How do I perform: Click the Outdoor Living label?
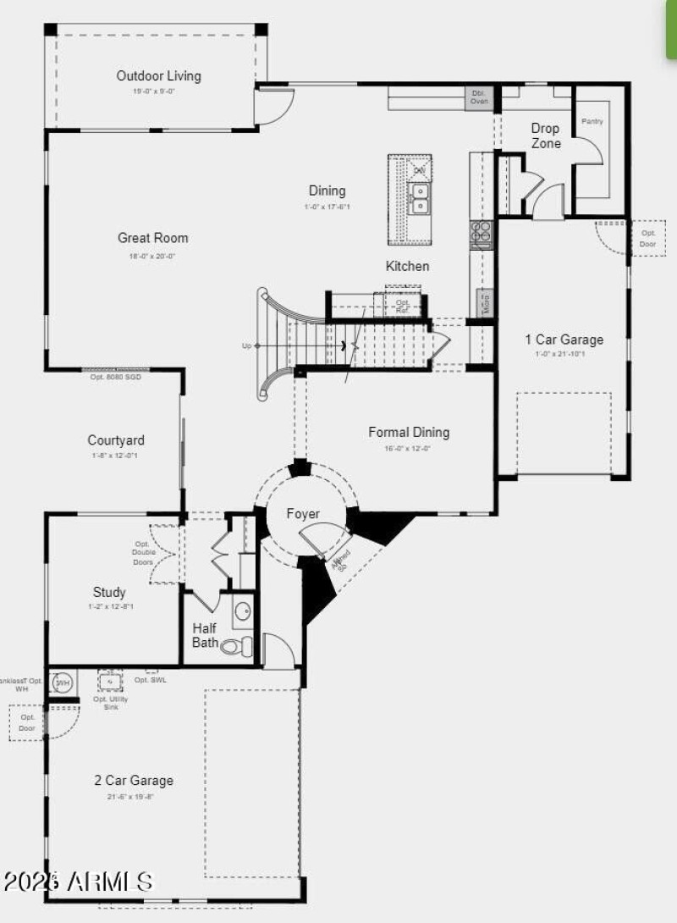tap(158, 76)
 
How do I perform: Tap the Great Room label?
tap(153, 238)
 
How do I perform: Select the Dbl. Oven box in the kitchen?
tap(478, 97)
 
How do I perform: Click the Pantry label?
tap(592, 121)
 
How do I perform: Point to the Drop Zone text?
tap(545, 135)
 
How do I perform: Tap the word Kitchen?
tap(407, 266)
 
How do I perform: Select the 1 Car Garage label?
tap(564, 340)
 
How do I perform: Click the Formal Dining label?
tap(409, 432)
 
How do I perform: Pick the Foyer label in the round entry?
tap(303, 514)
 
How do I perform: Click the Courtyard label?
tap(116, 440)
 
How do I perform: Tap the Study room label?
tap(109, 592)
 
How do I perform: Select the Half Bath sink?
tap(242, 612)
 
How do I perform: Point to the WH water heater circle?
tap(62, 682)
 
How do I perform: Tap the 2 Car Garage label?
tap(134, 780)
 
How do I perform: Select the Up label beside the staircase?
tap(247, 345)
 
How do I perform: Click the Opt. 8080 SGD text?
tap(115, 377)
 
